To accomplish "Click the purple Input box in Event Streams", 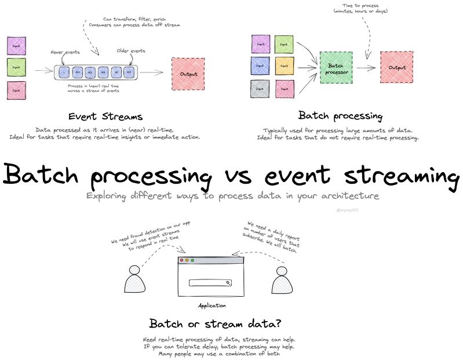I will (x=16, y=45).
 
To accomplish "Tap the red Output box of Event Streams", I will (x=188, y=74).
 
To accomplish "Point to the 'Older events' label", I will (x=131, y=51).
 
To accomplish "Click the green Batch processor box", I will (x=336, y=68).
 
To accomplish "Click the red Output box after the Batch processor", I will (x=396, y=67).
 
